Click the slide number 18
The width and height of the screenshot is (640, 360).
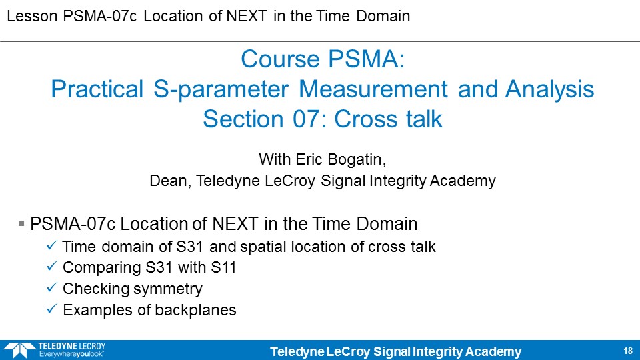coord(628,351)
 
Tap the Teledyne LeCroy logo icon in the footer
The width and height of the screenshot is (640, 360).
coord(19,350)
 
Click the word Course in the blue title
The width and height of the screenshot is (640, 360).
coord(281,59)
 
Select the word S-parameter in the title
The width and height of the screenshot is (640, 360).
coord(221,89)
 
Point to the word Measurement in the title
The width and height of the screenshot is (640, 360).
coord(373,89)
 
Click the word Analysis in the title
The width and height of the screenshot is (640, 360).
coord(549,89)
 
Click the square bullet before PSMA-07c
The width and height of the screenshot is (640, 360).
coord(21,224)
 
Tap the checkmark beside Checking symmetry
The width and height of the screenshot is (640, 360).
coord(51,287)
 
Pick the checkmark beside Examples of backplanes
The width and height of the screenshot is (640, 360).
coord(51,309)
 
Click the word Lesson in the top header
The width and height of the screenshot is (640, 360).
coord(32,16)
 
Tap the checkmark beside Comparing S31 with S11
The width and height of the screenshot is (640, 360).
coord(51,266)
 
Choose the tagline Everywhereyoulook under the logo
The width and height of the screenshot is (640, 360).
coord(71,354)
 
